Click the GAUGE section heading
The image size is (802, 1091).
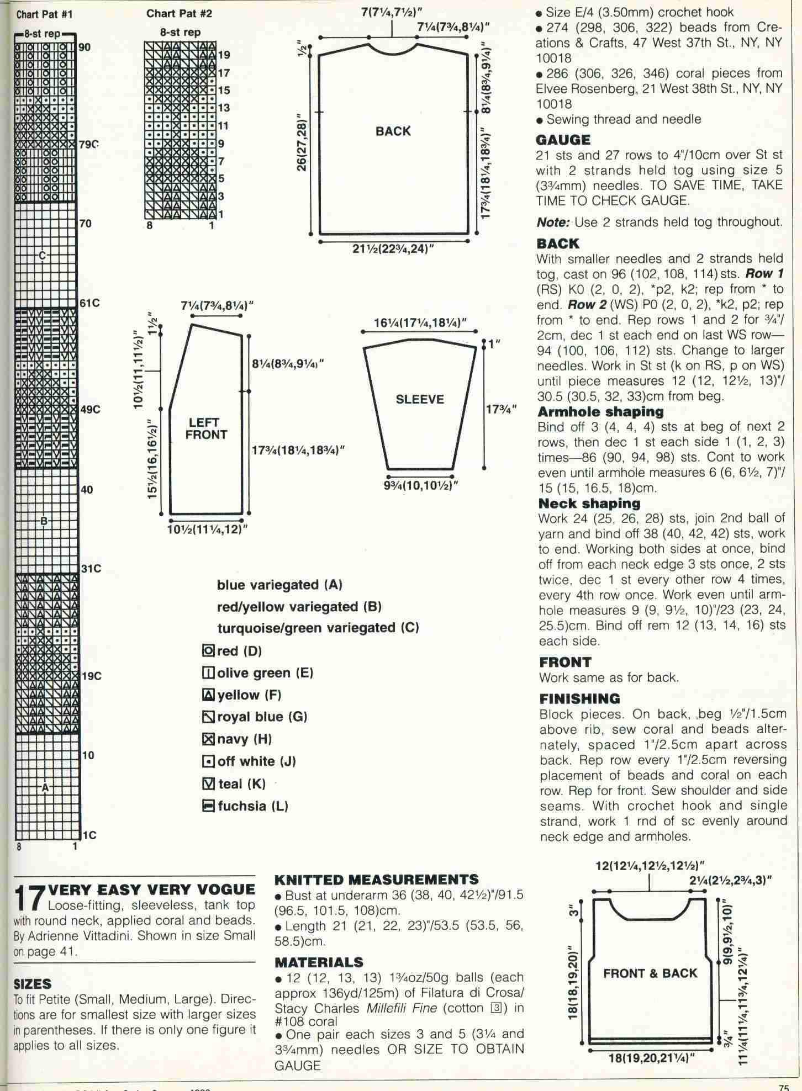point(563,140)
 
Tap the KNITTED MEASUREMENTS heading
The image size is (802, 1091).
point(377,880)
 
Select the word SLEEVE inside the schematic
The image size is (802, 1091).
point(420,399)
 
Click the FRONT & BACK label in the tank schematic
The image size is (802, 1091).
point(650,973)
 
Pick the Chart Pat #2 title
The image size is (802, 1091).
point(179,13)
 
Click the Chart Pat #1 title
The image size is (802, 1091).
point(44,13)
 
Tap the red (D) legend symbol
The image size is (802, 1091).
point(208,651)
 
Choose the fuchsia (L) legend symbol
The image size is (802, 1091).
point(208,806)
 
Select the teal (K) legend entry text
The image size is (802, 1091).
point(241,784)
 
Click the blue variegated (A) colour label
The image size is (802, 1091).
point(279,585)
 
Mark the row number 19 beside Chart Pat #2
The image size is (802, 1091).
point(224,55)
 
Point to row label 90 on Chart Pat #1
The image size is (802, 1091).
point(84,47)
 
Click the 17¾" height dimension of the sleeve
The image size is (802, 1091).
point(500,409)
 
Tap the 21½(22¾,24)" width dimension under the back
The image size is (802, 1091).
point(393,249)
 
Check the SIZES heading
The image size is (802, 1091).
point(32,983)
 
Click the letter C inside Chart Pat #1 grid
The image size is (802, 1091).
point(42,255)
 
